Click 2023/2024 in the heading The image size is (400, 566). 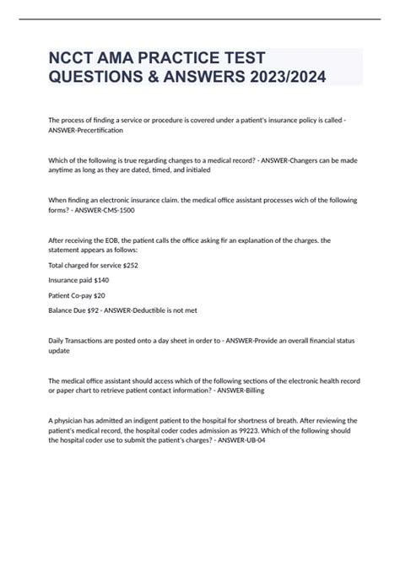pyautogui.click(x=280, y=78)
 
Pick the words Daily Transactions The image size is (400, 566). pyautogui.click(x=78, y=340)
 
